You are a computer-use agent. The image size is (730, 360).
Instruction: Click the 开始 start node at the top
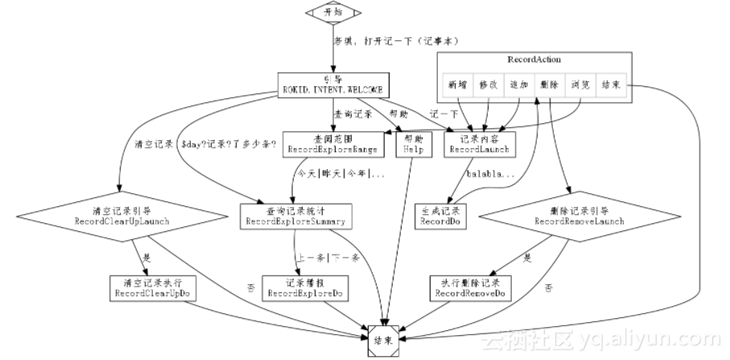[331, 12]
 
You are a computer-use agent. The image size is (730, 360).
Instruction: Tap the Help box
[413, 143]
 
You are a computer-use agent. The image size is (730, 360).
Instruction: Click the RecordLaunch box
[478, 143]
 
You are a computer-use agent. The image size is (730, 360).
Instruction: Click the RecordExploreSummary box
[295, 215]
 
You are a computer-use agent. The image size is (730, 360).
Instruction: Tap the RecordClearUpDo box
[153, 288]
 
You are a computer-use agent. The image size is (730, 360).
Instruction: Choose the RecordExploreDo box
[306, 288]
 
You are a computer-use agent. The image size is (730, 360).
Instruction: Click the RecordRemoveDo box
[471, 288]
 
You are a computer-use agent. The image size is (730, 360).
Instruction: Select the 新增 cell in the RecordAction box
[457, 84]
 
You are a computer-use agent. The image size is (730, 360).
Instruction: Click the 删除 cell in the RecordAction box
[550, 84]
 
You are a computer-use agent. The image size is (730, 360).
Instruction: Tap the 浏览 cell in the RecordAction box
[580, 84]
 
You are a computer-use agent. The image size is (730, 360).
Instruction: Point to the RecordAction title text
[534, 60]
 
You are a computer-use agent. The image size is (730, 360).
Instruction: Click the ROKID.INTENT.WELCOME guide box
[330, 84]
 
